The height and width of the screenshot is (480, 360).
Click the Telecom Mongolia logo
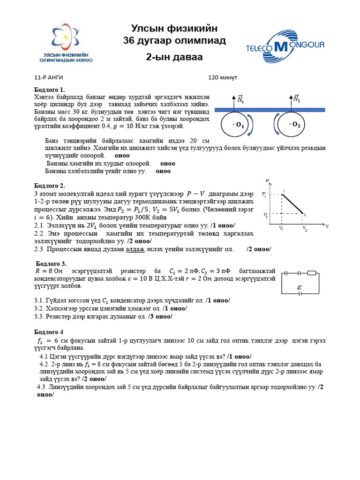[285, 46]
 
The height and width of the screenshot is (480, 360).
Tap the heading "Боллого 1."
[49, 90]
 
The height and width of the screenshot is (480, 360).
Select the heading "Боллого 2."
[49, 186]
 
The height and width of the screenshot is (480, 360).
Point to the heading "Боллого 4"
[49, 332]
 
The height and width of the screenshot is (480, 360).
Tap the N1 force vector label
[240, 99]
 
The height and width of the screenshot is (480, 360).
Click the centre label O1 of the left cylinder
[238, 125]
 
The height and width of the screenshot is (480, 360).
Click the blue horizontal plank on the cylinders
[269, 110]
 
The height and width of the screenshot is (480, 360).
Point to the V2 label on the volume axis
[305, 229]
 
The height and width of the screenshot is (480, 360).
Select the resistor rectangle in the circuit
[311, 272]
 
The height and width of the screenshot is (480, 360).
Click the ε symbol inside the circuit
[300, 287]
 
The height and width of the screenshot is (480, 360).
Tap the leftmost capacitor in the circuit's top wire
[288, 272]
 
